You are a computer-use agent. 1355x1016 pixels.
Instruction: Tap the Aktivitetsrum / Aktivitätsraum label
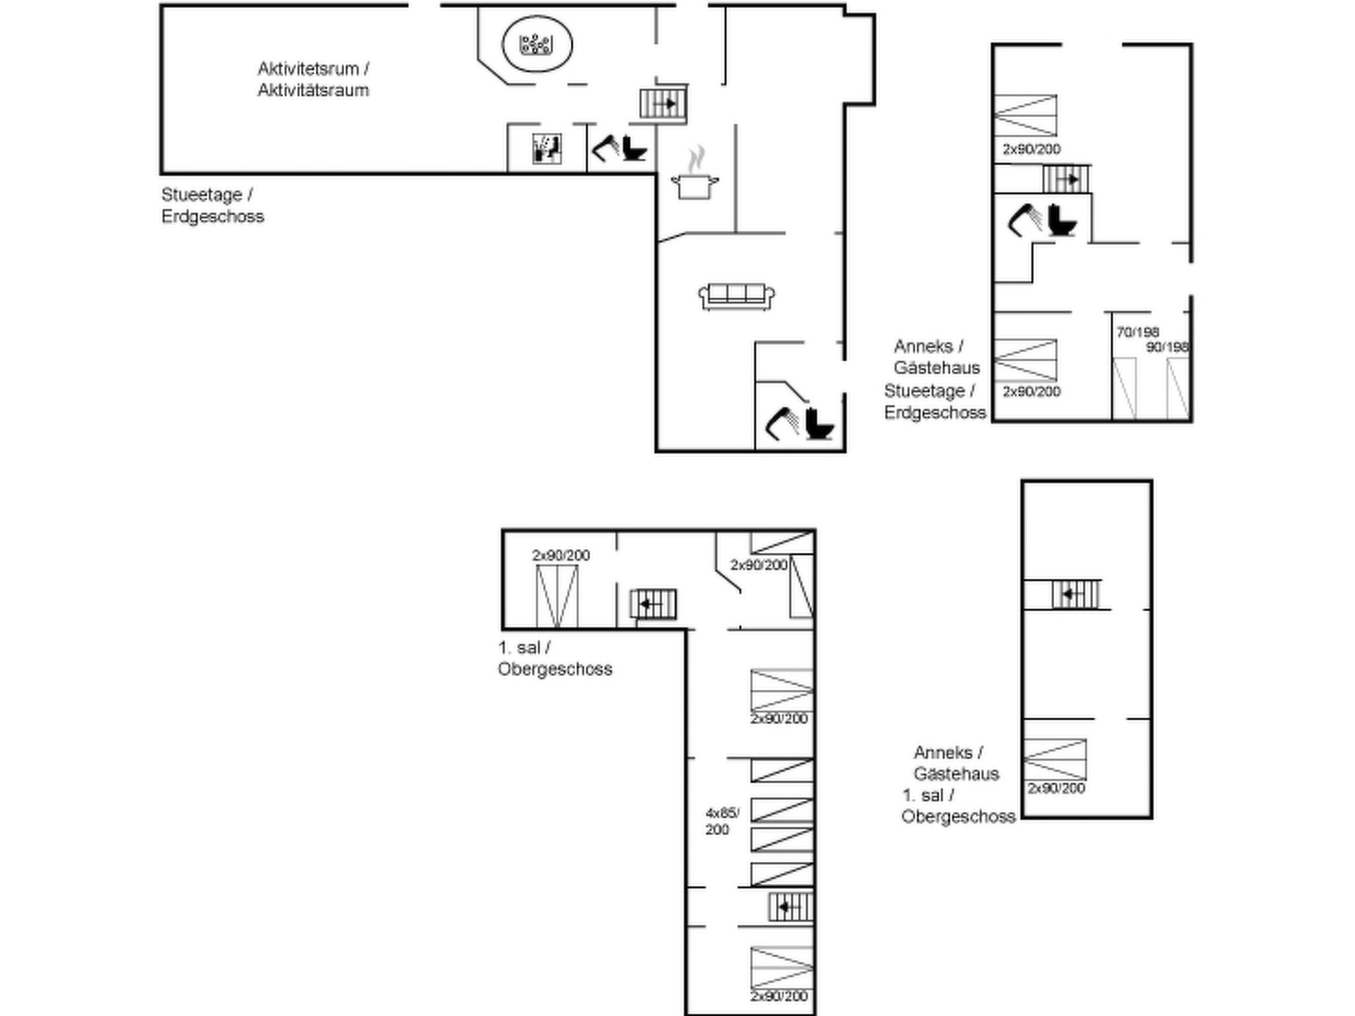[314, 79]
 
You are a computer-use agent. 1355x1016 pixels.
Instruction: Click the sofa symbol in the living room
[736, 296]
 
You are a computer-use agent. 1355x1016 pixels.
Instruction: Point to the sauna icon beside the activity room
[547, 149]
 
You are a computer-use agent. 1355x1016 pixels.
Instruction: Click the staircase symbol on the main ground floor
[663, 104]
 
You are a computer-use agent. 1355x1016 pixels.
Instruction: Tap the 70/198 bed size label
[1137, 332]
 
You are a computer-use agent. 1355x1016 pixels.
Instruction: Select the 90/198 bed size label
[1168, 347]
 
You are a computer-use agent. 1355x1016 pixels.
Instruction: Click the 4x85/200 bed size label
[722, 821]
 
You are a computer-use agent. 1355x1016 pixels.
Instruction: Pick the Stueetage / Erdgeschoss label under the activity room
[212, 206]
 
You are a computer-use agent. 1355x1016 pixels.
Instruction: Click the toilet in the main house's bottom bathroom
[819, 423]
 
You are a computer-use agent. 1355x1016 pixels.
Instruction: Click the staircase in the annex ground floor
[1066, 179]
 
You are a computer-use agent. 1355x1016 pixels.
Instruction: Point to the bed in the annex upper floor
[1055, 759]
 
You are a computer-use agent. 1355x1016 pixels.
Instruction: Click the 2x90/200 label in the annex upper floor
[1056, 788]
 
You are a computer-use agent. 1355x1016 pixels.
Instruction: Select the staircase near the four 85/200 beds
[790, 907]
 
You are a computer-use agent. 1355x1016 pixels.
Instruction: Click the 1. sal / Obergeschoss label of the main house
[554, 658]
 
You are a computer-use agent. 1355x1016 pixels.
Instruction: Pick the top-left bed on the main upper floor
[556, 596]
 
